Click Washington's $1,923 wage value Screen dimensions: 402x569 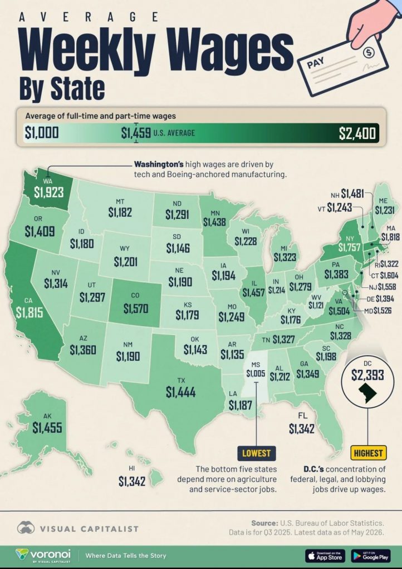48,192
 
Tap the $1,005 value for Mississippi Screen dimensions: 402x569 256,373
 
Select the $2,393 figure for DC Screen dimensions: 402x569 367,375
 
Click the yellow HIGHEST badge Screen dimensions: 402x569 368,453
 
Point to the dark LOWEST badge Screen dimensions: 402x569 256,453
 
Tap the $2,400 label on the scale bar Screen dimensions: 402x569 357,133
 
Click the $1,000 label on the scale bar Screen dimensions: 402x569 41,132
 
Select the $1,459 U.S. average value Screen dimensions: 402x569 136,133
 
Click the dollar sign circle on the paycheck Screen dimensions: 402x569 369,52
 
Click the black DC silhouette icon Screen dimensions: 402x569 367,393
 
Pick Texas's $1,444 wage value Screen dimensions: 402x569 180,392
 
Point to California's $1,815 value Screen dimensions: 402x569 29,312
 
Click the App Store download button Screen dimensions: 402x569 325,556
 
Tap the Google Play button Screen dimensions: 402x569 371,556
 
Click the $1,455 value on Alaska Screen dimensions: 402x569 47,427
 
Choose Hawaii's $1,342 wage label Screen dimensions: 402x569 132,481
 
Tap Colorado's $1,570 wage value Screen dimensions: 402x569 135,308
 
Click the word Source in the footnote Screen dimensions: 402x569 264,523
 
